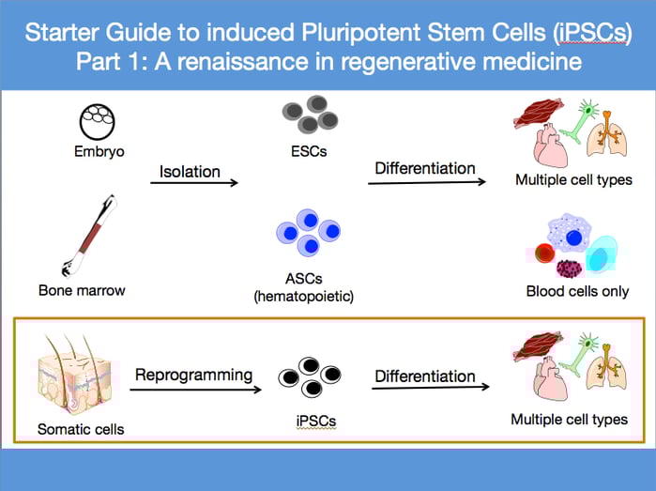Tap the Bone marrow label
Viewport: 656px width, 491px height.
click(x=83, y=290)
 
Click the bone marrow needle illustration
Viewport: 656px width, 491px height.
click(x=91, y=231)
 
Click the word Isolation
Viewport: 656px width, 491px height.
click(x=191, y=171)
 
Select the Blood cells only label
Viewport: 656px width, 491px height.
click(x=577, y=291)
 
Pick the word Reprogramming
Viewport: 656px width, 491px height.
click(x=194, y=375)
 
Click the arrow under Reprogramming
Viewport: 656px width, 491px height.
click(x=193, y=388)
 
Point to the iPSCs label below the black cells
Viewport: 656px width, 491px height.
click(x=310, y=422)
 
